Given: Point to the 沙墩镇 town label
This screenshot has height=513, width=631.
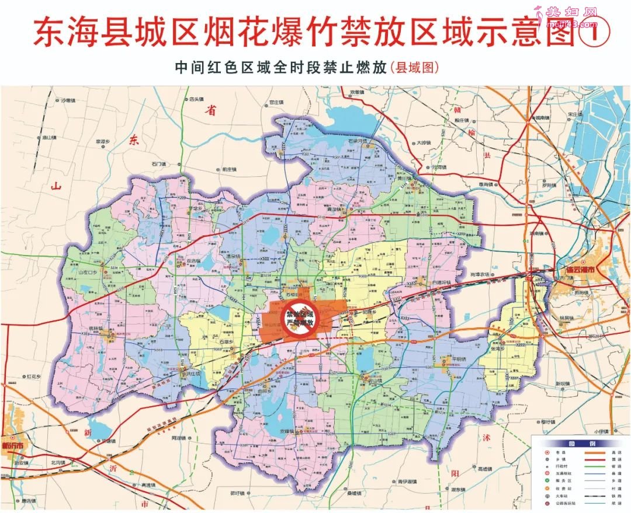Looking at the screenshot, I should (70, 100).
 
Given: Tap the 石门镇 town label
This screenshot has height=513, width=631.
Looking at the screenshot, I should (160, 164).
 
